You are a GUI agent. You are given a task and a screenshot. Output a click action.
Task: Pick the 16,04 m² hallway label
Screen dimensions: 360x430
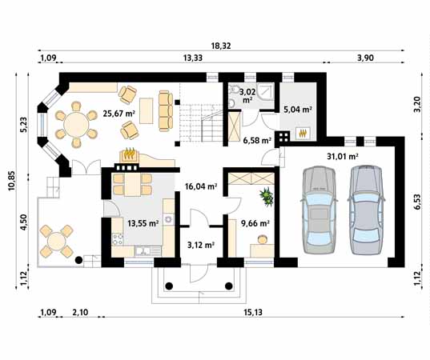[201, 186]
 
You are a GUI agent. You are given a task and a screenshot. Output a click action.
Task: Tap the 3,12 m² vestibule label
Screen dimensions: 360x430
[199, 245]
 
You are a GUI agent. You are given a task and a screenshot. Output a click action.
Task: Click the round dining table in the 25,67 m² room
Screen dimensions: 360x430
[74, 126]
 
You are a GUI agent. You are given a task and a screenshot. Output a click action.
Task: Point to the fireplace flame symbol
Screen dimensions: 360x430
[127, 155]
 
